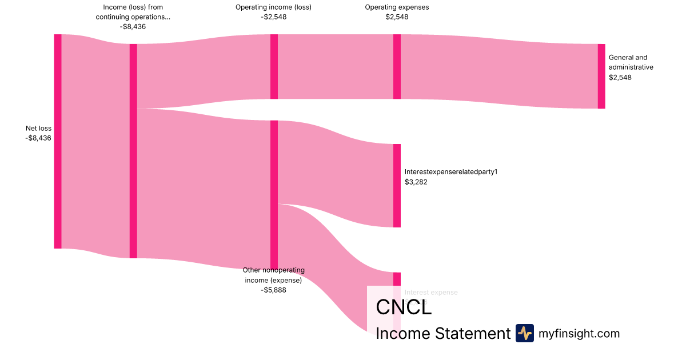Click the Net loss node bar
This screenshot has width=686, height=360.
point(58,141)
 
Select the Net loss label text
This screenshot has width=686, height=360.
point(38,129)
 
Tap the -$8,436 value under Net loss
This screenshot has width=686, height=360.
point(38,138)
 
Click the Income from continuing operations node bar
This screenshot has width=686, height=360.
point(133,151)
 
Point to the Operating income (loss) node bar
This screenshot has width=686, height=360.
point(274,66)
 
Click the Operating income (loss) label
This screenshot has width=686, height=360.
point(273,7)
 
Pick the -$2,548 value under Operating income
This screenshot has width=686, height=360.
point(273,17)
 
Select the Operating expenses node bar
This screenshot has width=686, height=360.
point(397,66)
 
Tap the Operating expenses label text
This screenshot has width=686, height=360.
point(397,7)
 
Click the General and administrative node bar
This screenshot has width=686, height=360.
point(601,76)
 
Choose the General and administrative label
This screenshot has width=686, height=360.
point(631,62)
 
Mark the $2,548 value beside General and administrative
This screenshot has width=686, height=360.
point(620,77)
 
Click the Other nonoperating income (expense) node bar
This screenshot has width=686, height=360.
point(274,194)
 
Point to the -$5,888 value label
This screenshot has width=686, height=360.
point(273,290)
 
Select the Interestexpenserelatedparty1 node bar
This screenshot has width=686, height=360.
point(397,186)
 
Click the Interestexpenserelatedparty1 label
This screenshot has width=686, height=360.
point(451,171)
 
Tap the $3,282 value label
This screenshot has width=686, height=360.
point(416,182)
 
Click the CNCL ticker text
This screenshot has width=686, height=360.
point(404,307)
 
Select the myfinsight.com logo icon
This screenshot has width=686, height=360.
point(524,333)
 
